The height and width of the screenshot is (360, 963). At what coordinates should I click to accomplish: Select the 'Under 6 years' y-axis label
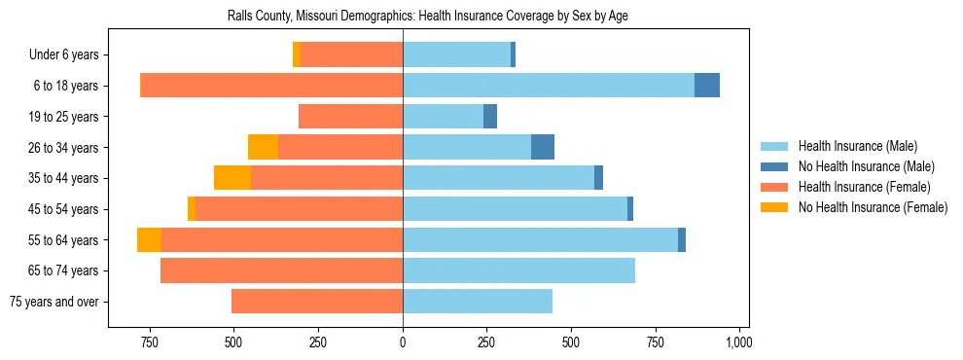70,55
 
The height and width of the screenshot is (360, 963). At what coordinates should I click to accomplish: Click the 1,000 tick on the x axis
739,342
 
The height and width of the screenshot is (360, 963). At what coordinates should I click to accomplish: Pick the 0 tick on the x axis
403,342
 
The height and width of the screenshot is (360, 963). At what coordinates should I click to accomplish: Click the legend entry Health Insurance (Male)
857,146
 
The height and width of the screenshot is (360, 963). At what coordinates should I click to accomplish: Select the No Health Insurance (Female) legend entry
873,207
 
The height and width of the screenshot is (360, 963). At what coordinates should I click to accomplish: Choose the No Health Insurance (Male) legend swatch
775,166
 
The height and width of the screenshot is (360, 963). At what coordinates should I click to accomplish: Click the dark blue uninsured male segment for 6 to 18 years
707,86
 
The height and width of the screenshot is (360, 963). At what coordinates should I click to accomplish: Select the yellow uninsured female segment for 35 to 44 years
232,178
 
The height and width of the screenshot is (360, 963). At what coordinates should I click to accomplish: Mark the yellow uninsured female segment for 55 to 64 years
149,239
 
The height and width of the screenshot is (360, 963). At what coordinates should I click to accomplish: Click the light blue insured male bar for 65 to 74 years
518,270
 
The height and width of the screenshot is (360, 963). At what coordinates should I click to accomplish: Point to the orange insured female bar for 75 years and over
317,302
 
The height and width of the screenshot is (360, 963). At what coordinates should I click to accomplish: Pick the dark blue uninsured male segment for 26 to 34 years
543,147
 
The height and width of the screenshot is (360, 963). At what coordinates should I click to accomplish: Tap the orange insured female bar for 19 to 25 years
350,117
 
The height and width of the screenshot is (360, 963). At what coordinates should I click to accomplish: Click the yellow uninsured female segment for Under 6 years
297,55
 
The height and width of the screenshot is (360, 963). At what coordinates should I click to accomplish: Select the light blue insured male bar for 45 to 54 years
515,209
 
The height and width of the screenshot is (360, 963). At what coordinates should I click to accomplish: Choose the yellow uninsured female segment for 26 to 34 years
263,147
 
